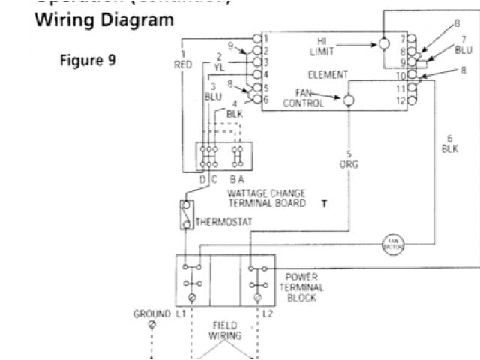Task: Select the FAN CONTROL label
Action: (304, 98)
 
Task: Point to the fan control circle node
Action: (348, 99)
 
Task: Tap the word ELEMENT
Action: (328, 75)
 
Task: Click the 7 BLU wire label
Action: (464, 44)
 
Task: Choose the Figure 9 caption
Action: (88, 60)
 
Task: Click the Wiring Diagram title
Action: (103, 19)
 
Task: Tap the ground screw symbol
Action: (152, 324)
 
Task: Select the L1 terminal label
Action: (181, 313)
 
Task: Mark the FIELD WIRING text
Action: (224, 329)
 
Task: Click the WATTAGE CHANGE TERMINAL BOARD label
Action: (266, 198)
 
